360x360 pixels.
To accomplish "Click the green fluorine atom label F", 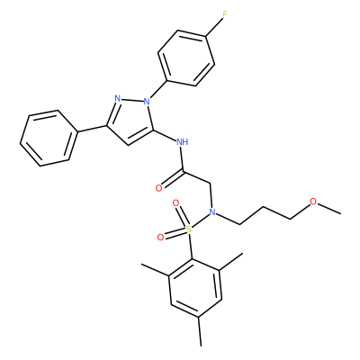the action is [225, 14].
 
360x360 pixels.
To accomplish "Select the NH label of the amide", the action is [182, 141].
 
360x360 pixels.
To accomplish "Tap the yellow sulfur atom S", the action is [189, 229].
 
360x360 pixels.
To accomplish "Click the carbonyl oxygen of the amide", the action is [159, 188].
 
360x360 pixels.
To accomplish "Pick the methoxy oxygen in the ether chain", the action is [313, 202].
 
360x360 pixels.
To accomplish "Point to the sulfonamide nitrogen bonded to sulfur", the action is [212, 212].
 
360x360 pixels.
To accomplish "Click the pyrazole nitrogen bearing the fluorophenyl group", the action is [147, 102].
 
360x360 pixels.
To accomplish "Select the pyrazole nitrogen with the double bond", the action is [118, 98].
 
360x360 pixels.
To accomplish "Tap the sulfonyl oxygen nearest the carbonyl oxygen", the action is [175, 203].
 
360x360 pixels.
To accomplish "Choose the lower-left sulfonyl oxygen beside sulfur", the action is [161, 238].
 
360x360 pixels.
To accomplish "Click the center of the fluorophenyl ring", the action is [186, 58].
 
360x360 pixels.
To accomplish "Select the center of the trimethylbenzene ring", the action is [195, 288].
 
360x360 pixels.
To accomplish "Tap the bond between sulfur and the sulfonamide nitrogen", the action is [201, 220].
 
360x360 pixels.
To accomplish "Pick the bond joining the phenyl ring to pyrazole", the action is [92, 129].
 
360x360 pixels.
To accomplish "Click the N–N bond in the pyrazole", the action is [132, 100].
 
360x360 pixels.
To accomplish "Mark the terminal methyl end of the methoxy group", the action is [340, 213].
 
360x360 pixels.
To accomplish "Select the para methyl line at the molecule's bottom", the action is [200, 331].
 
